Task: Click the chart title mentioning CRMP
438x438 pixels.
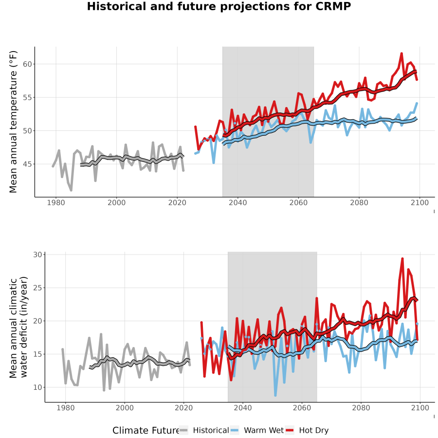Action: coord(219,6)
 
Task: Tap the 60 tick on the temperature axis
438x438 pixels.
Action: coord(27,64)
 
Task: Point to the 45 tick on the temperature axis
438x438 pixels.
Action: coord(27,164)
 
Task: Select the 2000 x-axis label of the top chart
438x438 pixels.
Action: coord(116,202)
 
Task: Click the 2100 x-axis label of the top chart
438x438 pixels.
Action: coord(420,202)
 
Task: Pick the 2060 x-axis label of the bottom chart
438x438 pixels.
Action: coord(302,408)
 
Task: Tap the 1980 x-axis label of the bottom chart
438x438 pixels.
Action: coord(65,408)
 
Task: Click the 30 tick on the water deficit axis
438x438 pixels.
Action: coord(37,255)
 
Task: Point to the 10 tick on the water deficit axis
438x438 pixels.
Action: coord(37,387)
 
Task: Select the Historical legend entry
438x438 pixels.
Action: coord(204,431)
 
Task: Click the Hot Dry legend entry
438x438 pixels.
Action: coord(307,431)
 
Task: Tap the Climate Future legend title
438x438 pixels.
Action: coord(146,431)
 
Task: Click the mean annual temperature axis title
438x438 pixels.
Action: coord(13,122)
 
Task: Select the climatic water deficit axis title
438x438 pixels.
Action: coord(18,327)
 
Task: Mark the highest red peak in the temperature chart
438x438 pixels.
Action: coord(401,54)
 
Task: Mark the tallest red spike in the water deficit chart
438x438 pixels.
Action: coord(402,259)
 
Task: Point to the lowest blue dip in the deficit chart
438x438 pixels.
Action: coord(275,395)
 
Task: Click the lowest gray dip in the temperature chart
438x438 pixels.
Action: coord(71,190)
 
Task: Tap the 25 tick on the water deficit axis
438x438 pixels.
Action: coord(37,288)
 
